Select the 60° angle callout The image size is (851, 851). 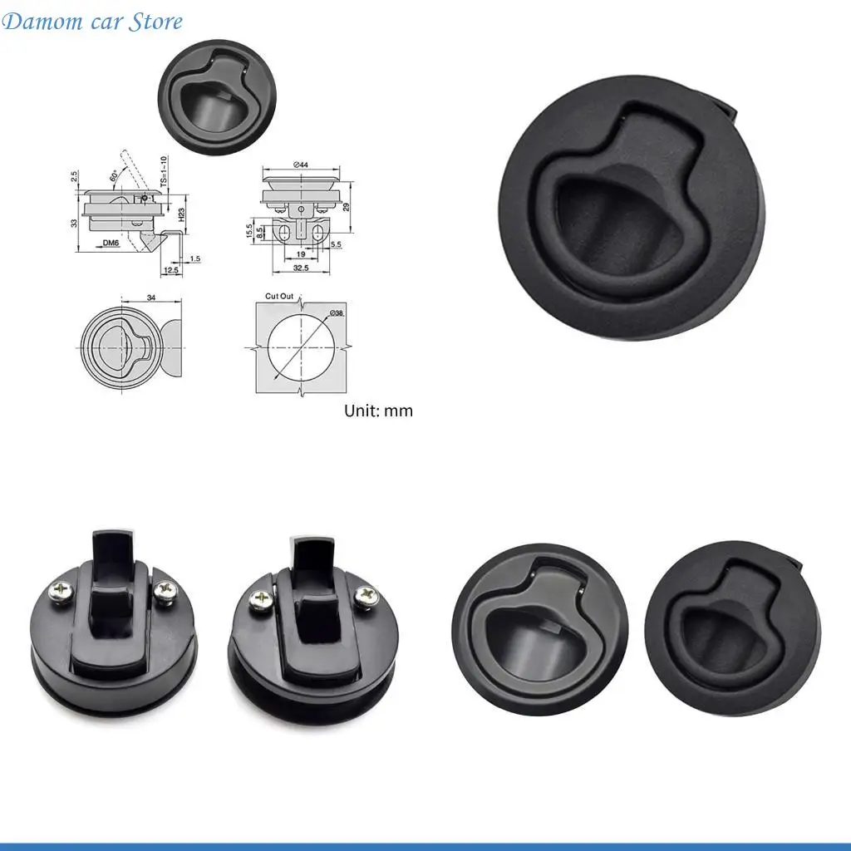[113, 176]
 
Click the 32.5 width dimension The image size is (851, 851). [301, 268]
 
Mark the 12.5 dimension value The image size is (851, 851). [172, 270]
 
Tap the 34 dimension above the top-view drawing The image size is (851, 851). [150, 297]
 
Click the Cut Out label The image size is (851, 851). [279, 297]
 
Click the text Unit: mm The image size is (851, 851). [378, 411]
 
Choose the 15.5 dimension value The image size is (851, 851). [248, 230]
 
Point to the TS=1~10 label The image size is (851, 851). [163, 170]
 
